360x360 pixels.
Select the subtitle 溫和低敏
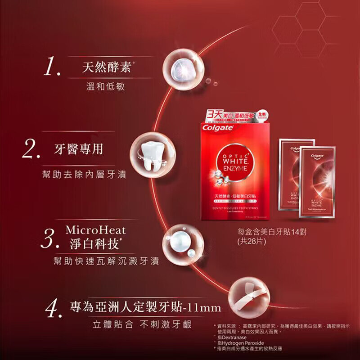click(x=105, y=86)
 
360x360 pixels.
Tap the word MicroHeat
click(x=96, y=230)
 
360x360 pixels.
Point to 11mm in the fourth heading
click(x=204, y=308)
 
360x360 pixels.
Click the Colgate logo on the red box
click(x=218, y=127)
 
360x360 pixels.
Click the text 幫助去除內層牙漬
click(x=81, y=174)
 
